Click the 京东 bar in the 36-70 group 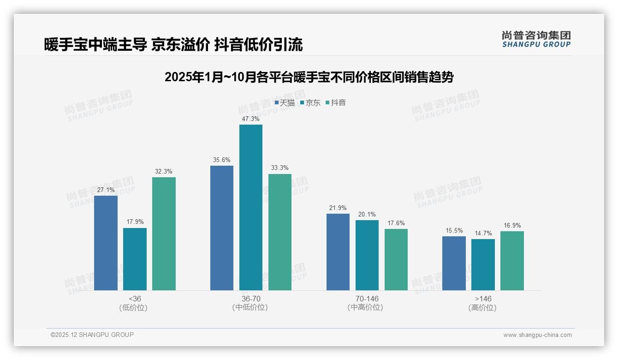[x=250, y=207]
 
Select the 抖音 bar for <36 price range [x=164, y=234]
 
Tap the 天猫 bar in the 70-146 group [x=338, y=252]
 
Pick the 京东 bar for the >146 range [x=483, y=264]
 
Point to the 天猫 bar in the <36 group [x=106, y=243]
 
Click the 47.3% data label [x=250, y=119]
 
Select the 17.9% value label [x=135, y=222]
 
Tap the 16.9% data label [x=512, y=225]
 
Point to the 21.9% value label [x=338, y=208]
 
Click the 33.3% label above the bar [x=279, y=168]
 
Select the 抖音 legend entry [x=336, y=102]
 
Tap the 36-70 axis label [x=250, y=299]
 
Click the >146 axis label [x=483, y=299]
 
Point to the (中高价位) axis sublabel [x=367, y=307]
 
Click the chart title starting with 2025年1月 [x=309, y=77]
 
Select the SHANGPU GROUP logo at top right [x=536, y=39]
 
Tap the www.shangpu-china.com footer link [x=537, y=335]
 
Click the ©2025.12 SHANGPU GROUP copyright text [x=92, y=335]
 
